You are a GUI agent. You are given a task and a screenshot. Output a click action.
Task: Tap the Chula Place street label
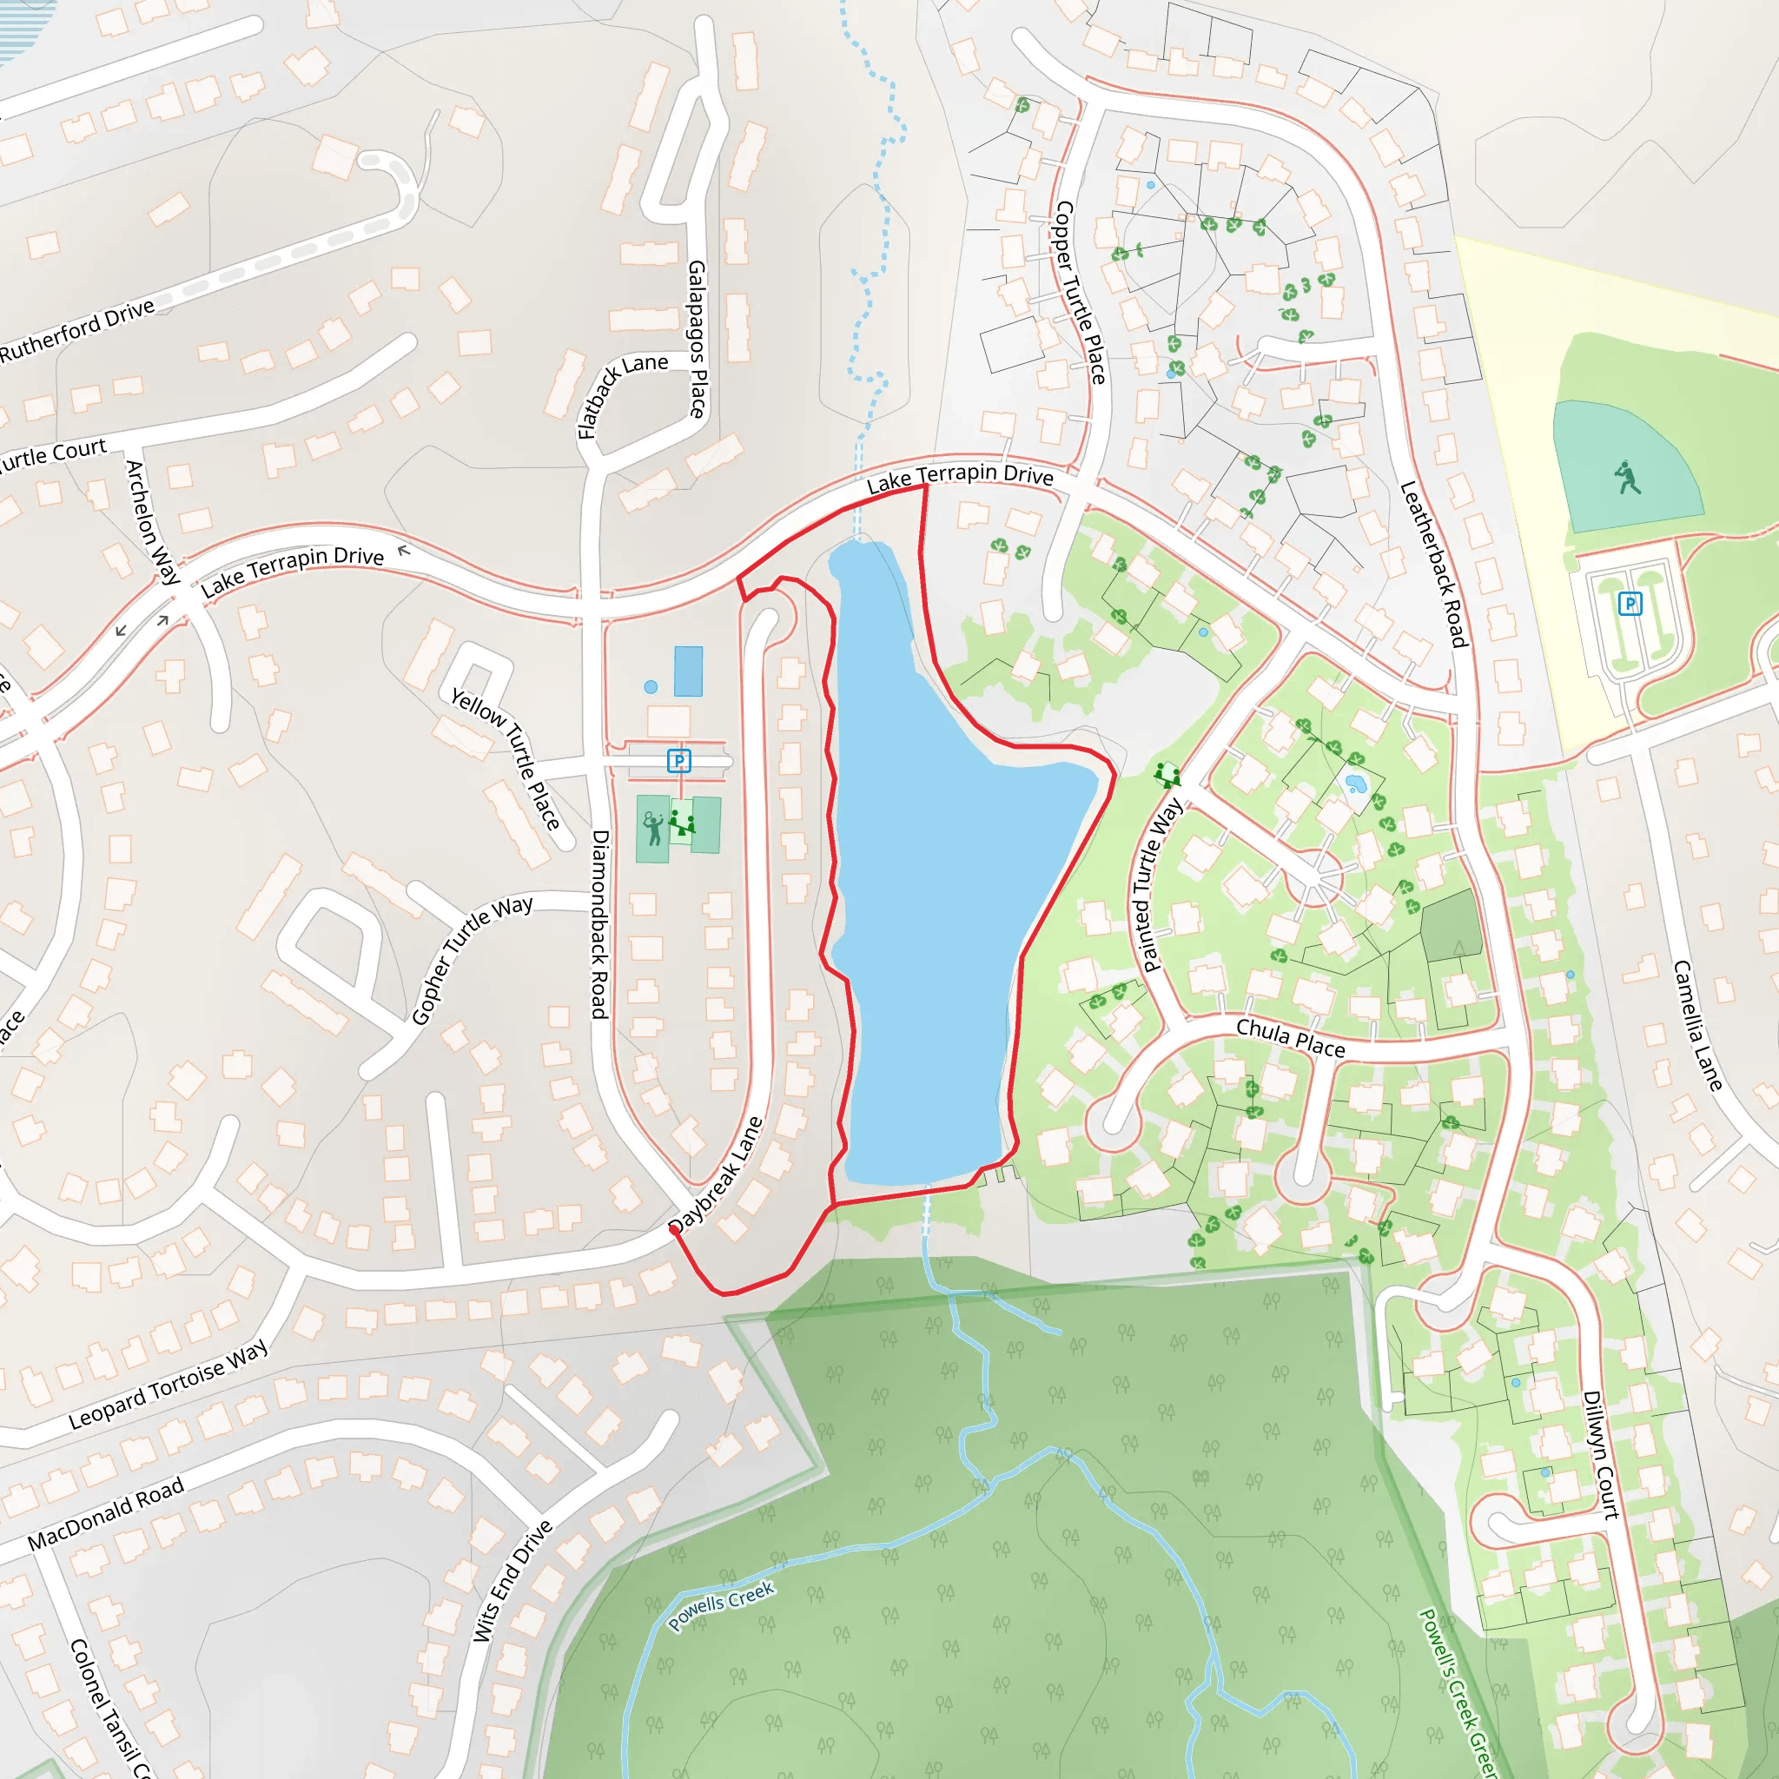tap(1289, 1038)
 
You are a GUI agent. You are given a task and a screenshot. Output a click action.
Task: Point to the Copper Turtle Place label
tap(1080, 292)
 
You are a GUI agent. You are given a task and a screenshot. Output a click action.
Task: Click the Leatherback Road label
tap(1432, 564)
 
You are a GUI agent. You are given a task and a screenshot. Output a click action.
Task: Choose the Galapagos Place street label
tap(697, 338)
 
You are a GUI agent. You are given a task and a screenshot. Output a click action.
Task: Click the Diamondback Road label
tap(599, 923)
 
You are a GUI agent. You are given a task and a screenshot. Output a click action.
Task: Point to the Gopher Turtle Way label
tap(471, 959)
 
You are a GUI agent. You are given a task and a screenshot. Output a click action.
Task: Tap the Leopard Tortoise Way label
tap(169, 1383)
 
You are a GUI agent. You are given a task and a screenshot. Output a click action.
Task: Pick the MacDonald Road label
tap(106, 1513)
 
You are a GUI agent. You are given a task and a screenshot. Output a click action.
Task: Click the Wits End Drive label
tap(512, 1579)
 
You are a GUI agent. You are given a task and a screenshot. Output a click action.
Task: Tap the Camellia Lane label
tap(1696, 1025)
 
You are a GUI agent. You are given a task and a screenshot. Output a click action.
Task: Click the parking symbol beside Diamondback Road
tap(678, 761)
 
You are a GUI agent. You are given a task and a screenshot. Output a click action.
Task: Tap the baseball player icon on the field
tap(1627, 478)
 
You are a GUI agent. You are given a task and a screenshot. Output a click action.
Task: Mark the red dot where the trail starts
tap(674, 1228)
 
